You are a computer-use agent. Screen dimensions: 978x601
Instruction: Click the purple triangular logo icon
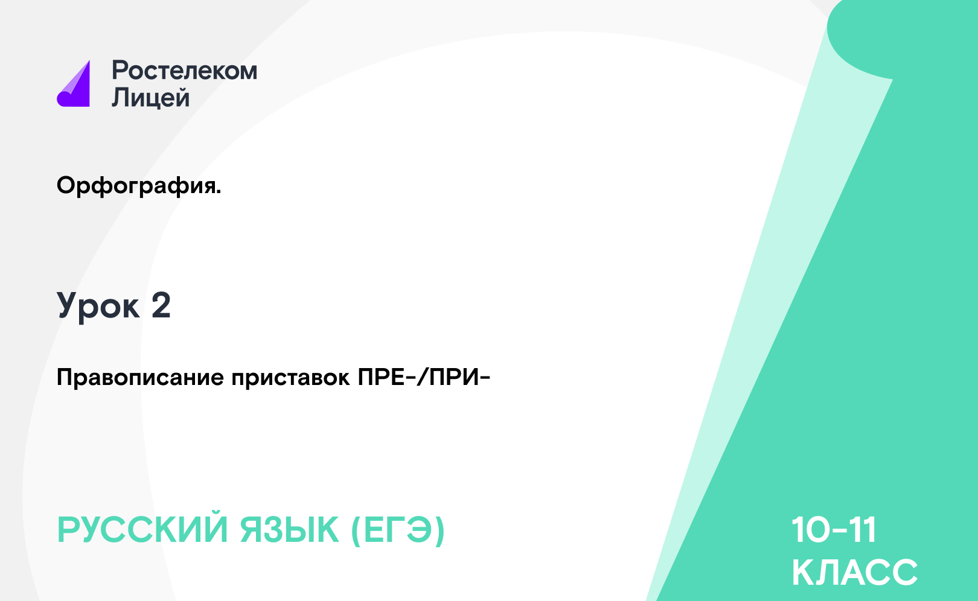[75, 86]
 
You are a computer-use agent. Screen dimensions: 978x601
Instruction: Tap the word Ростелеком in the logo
[185, 71]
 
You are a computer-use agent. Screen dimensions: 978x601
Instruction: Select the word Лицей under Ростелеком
[151, 97]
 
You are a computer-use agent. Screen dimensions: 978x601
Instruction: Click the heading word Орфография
[136, 186]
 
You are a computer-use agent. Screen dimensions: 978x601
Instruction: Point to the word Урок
[98, 307]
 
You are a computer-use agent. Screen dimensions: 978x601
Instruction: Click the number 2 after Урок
[161, 305]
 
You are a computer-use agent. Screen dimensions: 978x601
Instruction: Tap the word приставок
[290, 378]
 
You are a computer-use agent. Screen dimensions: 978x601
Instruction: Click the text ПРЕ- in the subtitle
[386, 377]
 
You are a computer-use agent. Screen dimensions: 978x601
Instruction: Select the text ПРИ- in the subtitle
[460, 377]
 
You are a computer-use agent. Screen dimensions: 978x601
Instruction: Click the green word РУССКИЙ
[142, 530]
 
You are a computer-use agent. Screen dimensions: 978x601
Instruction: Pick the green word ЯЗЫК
[289, 530]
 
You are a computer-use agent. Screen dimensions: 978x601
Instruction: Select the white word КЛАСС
[854, 572]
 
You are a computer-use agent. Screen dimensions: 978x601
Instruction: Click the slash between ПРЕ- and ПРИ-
[422, 377]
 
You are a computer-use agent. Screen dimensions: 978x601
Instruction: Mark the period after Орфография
[219, 192]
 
